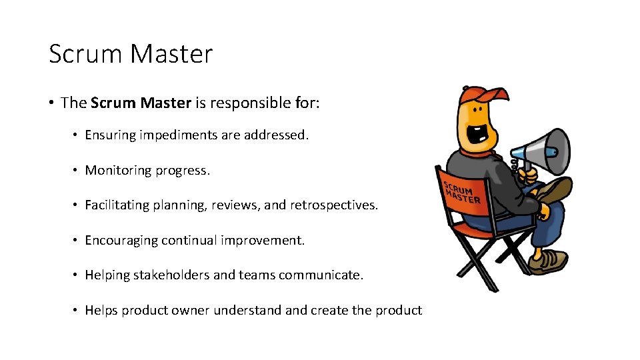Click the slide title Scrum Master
pyautogui.click(x=131, y=54)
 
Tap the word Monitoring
pyautogui.click(x=118, y=171)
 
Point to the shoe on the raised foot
pyautogui.click(x=554, y=190)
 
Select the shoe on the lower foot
pyautogui.click(x=547, y=262)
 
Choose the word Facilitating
pyautogui.click(x=117, y=205)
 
